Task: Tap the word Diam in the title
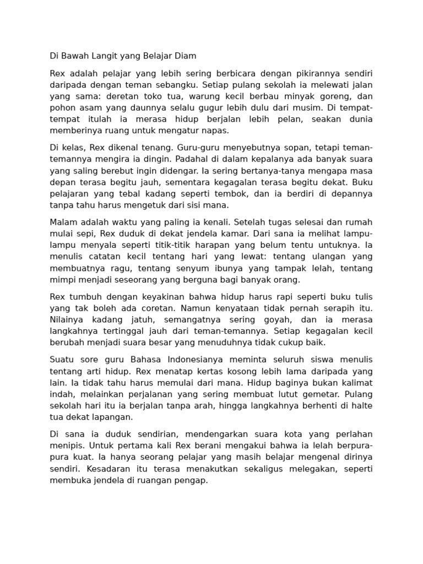pyautogui.click(x=185, y=56)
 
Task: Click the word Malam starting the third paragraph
pyautogui.click(x=63, y=222)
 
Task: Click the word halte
pyautogui.click(x=362, y=406)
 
